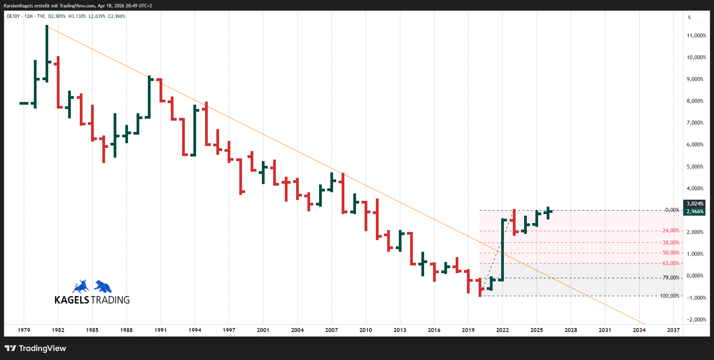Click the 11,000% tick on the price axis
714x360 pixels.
click(696, 35)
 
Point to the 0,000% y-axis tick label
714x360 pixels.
click(695, 276)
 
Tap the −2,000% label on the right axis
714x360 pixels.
click(696, 320)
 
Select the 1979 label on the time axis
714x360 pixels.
click(24, 330)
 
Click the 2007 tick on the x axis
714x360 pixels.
click(332, 330)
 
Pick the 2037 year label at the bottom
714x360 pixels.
click(673, 330)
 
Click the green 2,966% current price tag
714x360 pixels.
click(695, 212)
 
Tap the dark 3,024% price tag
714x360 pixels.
click(695, 204)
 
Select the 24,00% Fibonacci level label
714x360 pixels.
click(671, 231)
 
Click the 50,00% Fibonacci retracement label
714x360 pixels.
click(671, 253)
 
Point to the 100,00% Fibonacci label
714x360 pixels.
click(669, 296)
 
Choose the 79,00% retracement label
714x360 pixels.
click(671, 278)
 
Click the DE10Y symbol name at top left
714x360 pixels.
click(13, 16)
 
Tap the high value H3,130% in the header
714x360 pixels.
click(77, 16)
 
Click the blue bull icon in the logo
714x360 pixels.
click(81, 287)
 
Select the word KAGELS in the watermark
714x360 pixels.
click(72, 300)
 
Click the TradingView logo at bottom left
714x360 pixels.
click(35, 348)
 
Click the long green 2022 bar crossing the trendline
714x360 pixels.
click(502, 249)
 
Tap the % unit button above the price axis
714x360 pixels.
click(689, 18)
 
